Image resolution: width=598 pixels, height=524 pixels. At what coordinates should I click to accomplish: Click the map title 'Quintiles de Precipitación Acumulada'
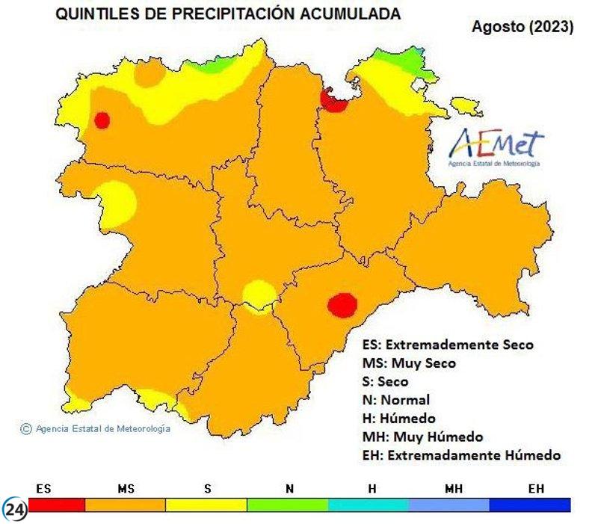[228, 13]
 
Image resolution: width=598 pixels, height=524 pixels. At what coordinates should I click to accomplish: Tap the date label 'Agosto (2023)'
[523, 27]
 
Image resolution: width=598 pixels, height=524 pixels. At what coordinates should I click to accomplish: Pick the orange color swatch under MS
[125, 505]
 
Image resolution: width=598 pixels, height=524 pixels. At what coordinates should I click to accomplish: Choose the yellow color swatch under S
[206, 505]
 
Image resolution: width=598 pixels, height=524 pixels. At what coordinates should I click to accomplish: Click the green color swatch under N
[288, 505]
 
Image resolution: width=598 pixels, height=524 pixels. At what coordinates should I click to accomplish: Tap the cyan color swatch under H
[370, 505]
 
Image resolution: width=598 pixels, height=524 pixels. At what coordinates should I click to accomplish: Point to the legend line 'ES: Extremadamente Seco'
[448, 345]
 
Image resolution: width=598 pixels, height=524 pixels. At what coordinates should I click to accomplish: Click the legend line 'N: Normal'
[395, 400]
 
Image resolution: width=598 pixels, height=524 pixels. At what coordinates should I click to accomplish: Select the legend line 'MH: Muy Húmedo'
[422, 437]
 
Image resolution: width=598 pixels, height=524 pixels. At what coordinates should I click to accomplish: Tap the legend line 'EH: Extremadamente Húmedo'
[460, 455]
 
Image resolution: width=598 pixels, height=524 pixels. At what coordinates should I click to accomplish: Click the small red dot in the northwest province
[102, 120]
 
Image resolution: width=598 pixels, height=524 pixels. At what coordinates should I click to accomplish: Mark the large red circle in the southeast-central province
[342, 305]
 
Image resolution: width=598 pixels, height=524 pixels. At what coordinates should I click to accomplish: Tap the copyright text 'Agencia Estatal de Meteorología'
[96, 429]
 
